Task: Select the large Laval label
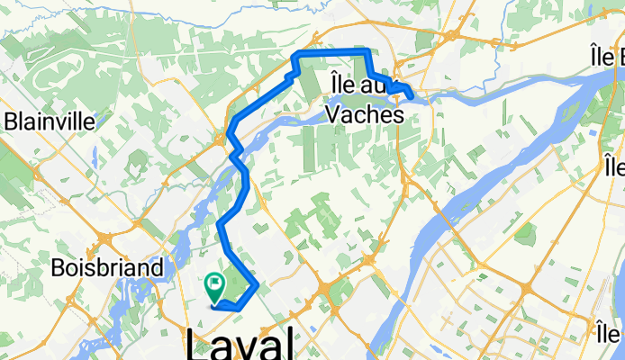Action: [x=240, y=345]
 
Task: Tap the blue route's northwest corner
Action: [x=294, y=57]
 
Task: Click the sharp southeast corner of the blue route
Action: [x=258, y=286]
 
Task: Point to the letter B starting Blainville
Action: [x=11, y=121]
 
